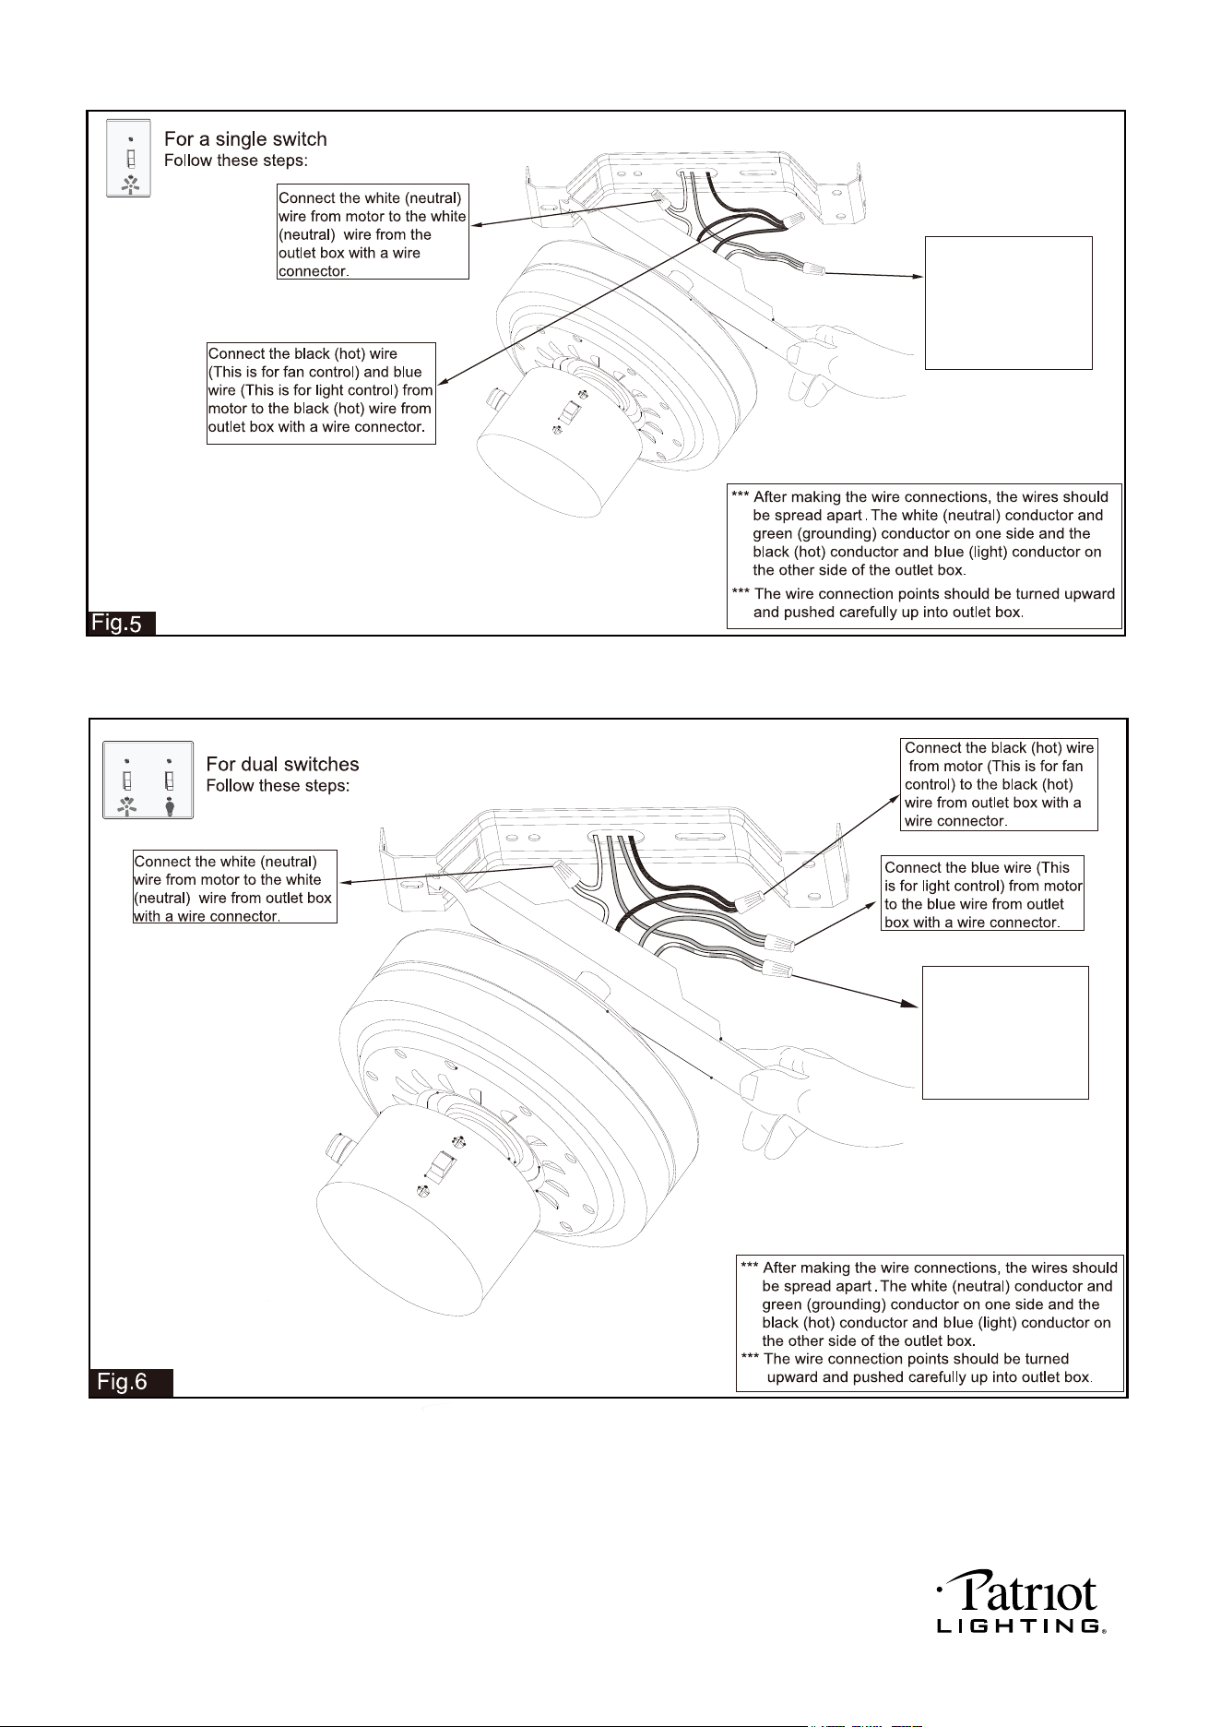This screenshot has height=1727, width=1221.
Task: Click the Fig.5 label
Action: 121,623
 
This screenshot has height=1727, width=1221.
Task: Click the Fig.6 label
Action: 131,1383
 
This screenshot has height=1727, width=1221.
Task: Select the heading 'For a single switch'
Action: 245,139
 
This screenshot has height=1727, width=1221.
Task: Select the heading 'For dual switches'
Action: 282,765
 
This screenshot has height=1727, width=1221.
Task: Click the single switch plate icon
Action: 129,158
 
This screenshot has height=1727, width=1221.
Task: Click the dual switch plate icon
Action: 148,780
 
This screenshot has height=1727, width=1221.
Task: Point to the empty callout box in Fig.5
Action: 1008,303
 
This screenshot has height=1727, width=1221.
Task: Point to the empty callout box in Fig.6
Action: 1005,1032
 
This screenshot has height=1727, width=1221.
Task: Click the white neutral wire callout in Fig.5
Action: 373,233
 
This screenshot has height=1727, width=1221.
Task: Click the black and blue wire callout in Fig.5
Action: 321,393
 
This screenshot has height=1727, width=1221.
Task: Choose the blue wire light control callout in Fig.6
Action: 983,894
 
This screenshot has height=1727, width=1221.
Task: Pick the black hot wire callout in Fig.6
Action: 999,784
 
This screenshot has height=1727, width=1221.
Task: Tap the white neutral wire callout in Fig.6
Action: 235,887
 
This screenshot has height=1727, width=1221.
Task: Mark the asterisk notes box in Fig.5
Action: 925,556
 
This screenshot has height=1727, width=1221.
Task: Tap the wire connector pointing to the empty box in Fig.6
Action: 776,970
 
